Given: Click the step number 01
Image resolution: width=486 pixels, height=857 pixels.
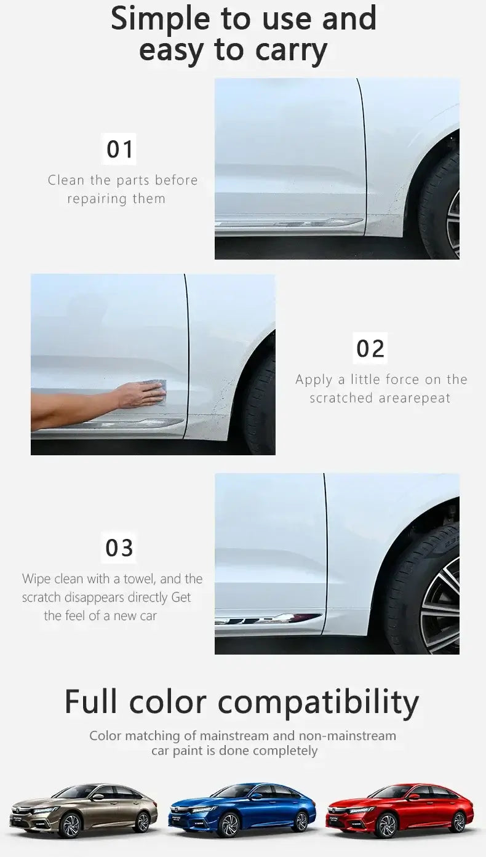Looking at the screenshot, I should point(120,149).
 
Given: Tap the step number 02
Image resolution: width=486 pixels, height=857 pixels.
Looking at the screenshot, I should point(370,348).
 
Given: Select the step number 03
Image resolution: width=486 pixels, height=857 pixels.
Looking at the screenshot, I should point(119,548).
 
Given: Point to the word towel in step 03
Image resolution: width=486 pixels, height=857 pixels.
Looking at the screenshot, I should point(144,579).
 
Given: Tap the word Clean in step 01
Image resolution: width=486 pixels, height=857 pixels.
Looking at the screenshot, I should point(66,180).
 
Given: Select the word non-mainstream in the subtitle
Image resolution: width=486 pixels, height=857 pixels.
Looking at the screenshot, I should point(348,736).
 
